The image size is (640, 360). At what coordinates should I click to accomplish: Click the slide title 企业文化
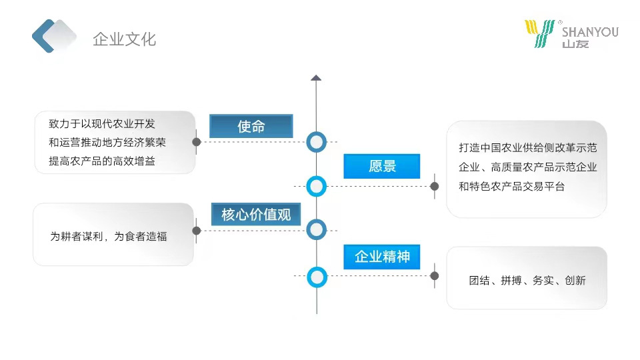click(124, 39)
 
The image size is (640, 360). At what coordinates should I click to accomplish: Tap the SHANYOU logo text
click(590, 32)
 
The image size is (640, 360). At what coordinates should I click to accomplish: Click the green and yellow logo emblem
click(539, 33)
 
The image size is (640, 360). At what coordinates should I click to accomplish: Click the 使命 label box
click(251, 126)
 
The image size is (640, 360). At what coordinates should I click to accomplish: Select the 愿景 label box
click(382, 166)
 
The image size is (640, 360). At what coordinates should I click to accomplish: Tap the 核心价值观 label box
click(256, 215)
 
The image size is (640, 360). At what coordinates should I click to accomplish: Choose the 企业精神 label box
click(382, 257)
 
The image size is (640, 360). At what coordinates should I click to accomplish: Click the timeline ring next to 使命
click(317, 142)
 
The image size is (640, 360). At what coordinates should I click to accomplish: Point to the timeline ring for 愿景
click(317, 187)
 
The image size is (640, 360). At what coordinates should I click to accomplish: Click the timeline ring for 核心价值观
click(317, 231)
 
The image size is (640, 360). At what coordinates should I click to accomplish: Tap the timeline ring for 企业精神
click(317, 276)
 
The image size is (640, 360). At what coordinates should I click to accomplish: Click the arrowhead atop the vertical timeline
click(317, 78)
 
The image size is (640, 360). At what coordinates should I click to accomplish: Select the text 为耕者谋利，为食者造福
click(109, 236)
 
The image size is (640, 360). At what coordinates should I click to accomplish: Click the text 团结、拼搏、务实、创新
click(527, 281)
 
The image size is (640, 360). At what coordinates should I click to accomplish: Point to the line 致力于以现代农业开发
click(102, 124)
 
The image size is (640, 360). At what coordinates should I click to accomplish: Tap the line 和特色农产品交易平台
click(512, 187)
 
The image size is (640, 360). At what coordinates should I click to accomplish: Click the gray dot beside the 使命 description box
click(197, 142)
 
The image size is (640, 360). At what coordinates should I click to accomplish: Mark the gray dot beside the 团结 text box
click(435, 276)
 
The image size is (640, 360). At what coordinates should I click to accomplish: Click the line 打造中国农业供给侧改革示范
click(527, 147)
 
